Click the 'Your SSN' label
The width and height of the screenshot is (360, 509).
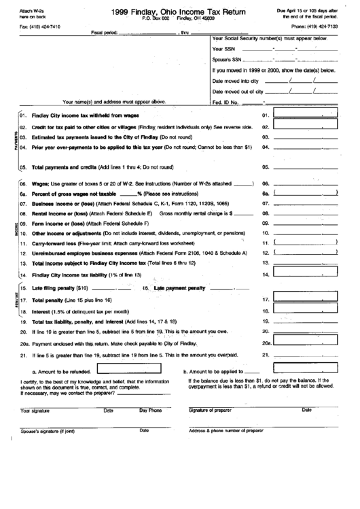pyautogui.click(x=223, y=50)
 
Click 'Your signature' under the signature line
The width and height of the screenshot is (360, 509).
pyautogui.click(x=35, y=411)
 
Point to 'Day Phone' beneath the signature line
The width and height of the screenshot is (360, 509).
pyautogui.click(x=151, y=410)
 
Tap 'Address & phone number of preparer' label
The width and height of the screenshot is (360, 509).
pyautogui.click(x=226, y=431)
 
